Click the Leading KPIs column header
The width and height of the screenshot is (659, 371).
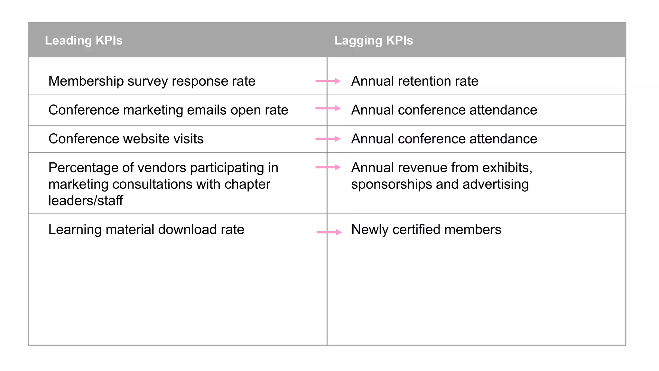coord(84,41)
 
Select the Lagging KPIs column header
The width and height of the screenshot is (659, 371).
coord(374,41)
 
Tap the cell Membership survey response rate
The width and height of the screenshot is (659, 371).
coord(152,81)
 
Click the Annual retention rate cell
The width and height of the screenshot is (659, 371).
coord(414,81)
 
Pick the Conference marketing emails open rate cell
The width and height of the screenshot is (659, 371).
coord(168,110)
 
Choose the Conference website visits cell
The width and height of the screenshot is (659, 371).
coord(126,139)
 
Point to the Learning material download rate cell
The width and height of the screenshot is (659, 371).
coord(146,230)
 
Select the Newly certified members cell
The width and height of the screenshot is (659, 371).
coord(426,230)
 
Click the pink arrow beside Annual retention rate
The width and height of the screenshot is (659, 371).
coord(328,81)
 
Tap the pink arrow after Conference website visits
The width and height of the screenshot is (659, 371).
coord(328,139)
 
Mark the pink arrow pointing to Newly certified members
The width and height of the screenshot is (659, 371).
coord(329,232)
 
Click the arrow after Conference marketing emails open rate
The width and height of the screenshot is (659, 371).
coord(328,109)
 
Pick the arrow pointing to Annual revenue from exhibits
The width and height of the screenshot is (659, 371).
coord(328,167)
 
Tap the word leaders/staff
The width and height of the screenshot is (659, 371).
coord(86,201)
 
